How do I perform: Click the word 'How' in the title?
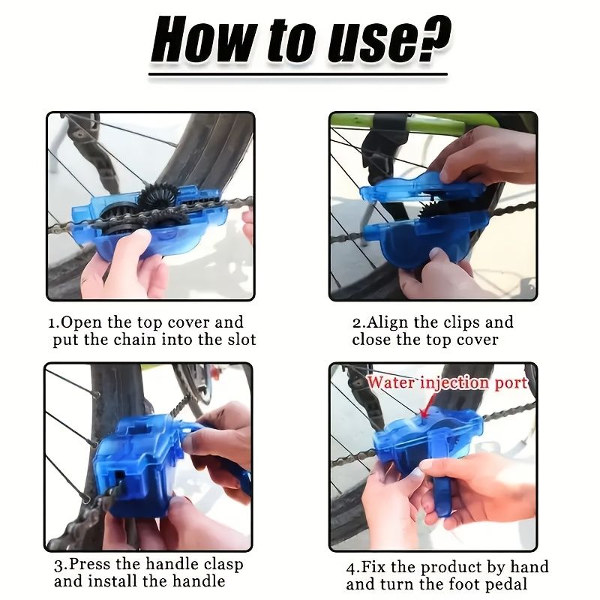[199, 40]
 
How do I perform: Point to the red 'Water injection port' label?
[448, 383]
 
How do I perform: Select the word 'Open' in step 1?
[81, 322]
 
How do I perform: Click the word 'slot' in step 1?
[241, 339]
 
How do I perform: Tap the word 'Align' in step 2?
[387, 322]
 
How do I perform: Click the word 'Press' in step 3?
[89, 564]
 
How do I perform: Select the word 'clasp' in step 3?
[223, 565]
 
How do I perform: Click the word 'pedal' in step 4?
[505, 584]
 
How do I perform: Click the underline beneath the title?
[298, 74]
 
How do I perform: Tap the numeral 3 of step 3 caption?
[58, 565]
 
